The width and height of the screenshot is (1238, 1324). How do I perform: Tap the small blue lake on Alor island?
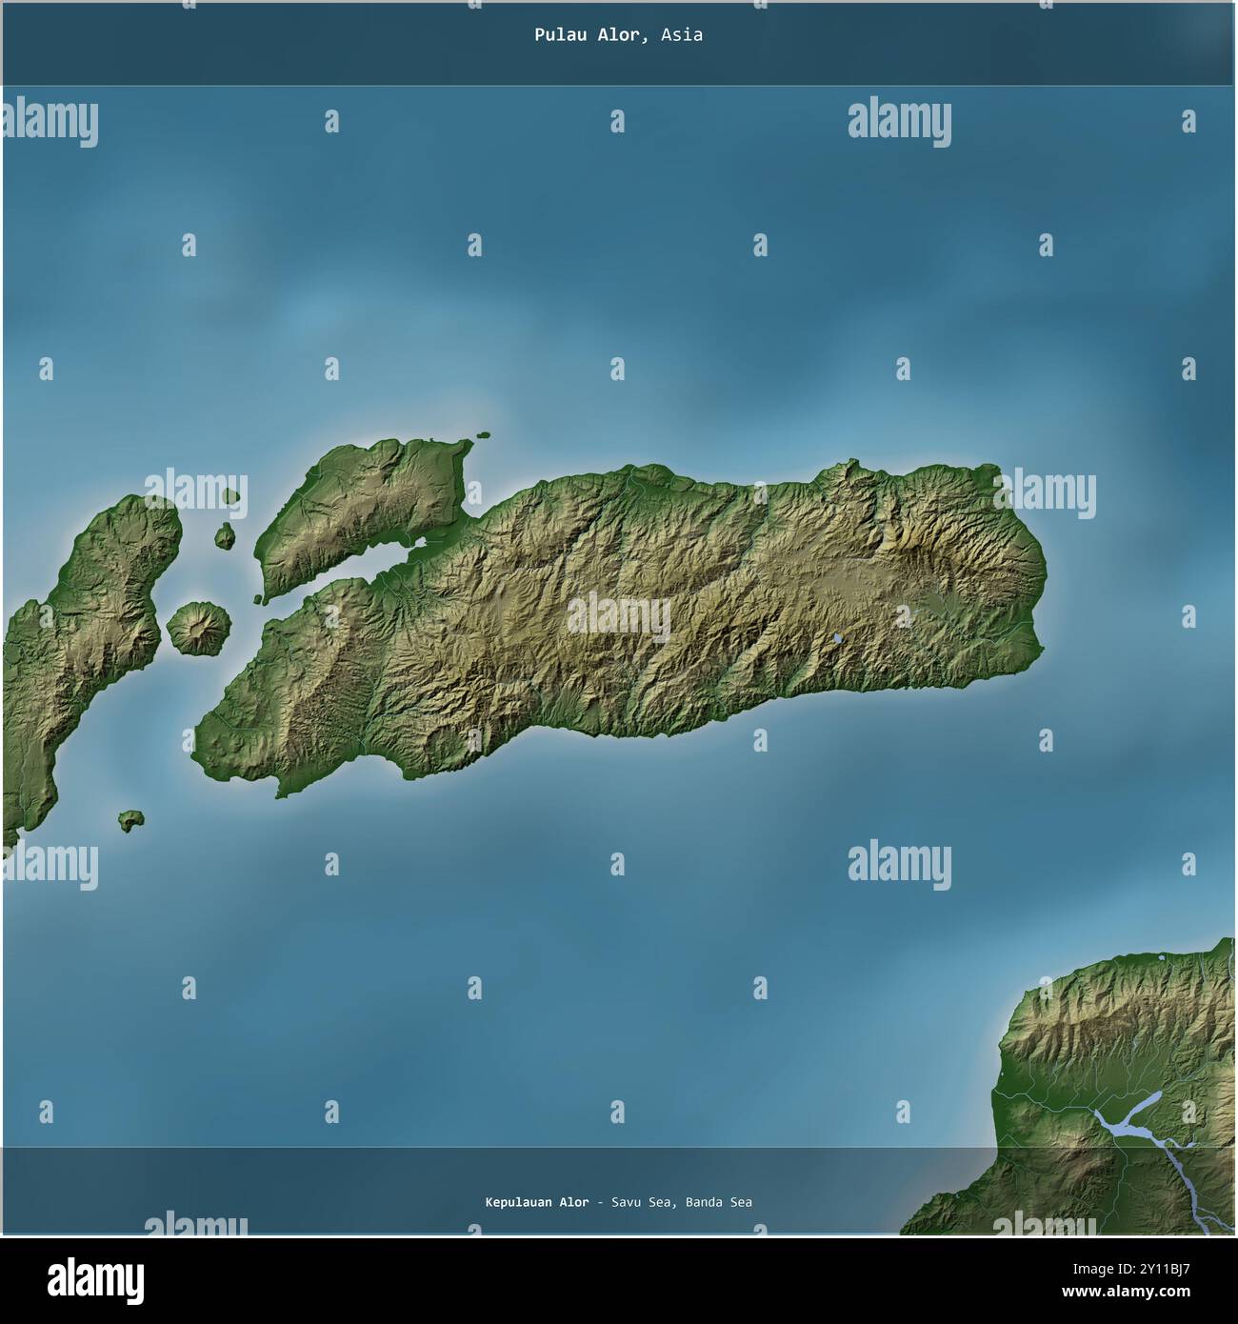point(836,639)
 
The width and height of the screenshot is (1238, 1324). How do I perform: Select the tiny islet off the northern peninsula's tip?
point(484,436)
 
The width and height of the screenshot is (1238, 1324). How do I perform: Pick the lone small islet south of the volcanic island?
point(130,819)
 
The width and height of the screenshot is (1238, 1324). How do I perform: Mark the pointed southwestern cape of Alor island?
point(280,793)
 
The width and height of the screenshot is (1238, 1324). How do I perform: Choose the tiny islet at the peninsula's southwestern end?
point(258,599)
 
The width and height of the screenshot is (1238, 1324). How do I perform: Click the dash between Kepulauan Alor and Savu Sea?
point(600,1202)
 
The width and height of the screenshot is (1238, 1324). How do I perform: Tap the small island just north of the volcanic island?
point(225,537)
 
